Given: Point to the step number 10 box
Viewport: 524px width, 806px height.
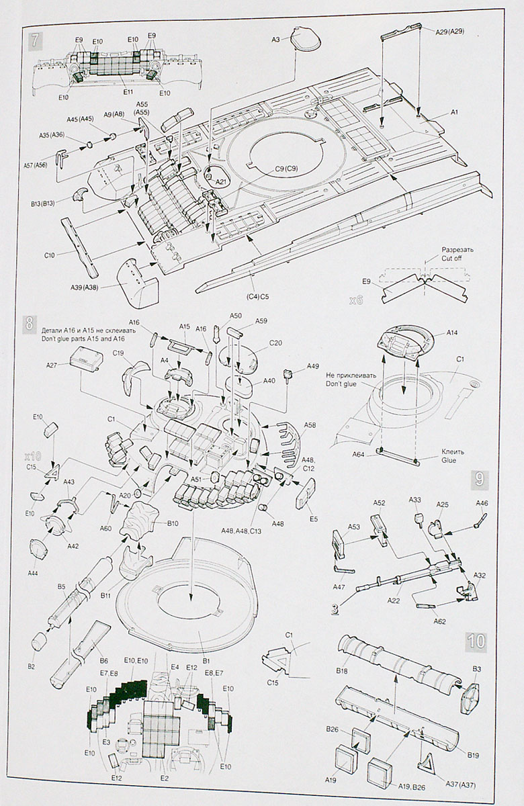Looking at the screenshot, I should tap(477, 640).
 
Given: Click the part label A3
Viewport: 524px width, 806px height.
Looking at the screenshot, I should tap(276, 40).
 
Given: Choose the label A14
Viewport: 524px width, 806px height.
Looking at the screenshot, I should tap(451, 333).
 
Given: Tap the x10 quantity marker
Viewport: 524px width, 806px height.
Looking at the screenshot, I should tap(33, 455).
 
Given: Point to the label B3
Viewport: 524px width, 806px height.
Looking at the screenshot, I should tap(476, 669).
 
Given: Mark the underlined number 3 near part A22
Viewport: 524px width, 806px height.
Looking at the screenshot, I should tap(334, 609).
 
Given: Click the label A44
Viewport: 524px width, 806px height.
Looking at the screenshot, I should tap(33, 572).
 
